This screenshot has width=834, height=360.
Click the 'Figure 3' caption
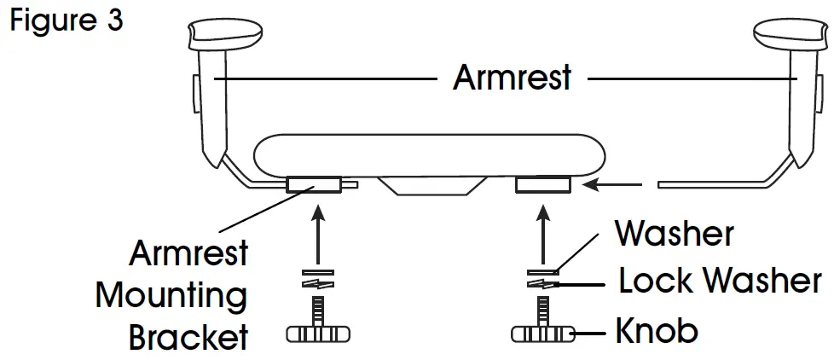(x=67, y=20)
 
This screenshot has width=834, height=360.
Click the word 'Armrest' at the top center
(x=512, y=79)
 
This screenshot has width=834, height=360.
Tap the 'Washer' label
(x=674, y=233)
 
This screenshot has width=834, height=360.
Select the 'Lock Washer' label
(x=720, y=282)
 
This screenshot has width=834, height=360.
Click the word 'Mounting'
(x=171, y=296)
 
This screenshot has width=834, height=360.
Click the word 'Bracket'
(x=188, y=337)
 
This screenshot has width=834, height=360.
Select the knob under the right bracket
(x=544, y=333)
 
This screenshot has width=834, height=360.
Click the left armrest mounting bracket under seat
(x=313, y=184)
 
